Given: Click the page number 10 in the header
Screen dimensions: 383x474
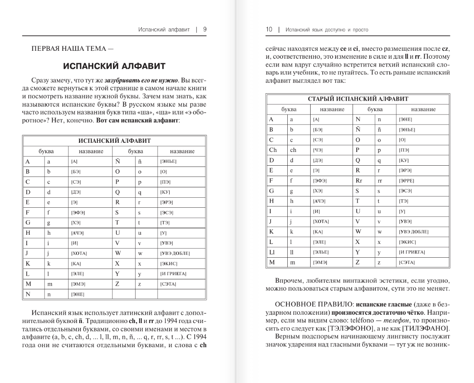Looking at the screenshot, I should (269, 30).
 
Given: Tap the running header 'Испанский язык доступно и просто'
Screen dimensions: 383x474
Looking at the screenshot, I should (327, 30).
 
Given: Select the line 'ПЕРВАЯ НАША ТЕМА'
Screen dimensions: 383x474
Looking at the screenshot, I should (69, 48).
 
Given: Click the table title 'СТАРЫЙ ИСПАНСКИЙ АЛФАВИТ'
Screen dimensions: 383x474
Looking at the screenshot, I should (358, 99).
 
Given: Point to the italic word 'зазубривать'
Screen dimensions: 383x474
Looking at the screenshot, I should (121, 80).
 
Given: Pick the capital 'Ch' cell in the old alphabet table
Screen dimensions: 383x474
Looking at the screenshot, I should (273, 150).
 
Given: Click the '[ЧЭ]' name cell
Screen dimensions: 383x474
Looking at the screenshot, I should (318, 150).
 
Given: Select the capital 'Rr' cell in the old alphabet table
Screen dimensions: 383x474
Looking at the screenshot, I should (359, 181).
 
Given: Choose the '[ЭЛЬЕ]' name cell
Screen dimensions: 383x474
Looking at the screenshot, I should (321, 252).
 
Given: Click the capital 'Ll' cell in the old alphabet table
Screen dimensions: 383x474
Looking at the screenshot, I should (272, 252).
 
